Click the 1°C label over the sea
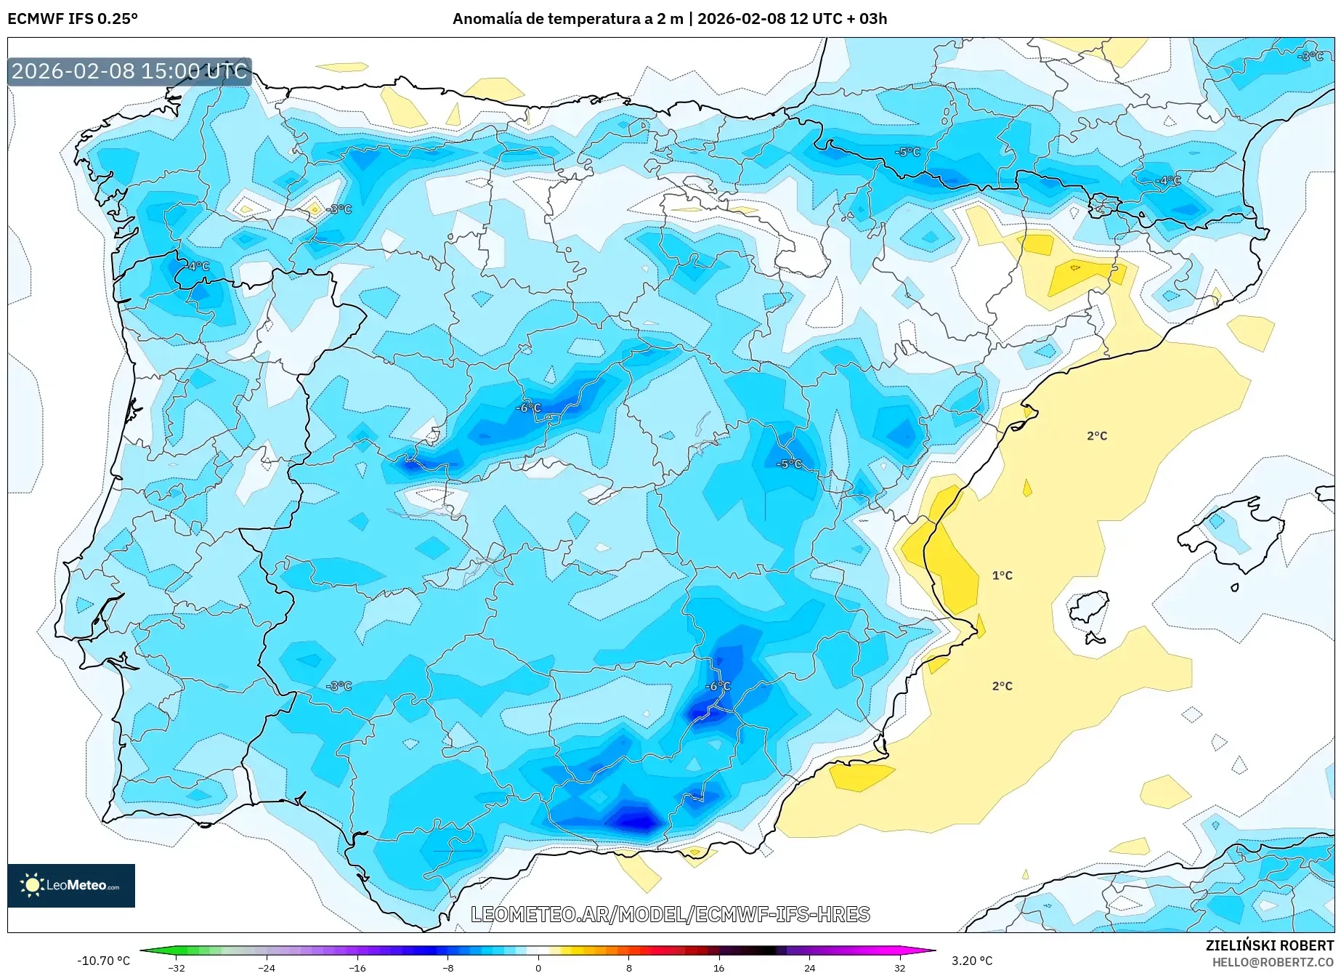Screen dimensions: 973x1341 coord(1002,576)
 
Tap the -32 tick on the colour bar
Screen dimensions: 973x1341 coord(177,967)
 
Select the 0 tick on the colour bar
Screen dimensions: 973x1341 coord(538,967)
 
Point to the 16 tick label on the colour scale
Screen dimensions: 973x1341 coord(718,967)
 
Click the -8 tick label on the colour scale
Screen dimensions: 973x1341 coord(448,967)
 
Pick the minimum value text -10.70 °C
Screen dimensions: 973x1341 coord(103,961)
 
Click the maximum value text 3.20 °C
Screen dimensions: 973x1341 coord(972,961)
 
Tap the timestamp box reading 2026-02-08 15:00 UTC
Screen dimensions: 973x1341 coord(129,71)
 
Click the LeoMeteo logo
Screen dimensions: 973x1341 coord(70,885)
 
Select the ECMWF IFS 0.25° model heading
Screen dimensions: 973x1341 coord(73,19)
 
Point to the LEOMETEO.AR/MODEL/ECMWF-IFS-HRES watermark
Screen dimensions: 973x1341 coord(670,914)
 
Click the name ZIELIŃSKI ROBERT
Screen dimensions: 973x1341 coord(1270,945)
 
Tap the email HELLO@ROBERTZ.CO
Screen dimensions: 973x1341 coord(1273,962)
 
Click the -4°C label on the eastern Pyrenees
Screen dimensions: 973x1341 coord(1169,180)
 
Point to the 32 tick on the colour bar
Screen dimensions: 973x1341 coord(899,967)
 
